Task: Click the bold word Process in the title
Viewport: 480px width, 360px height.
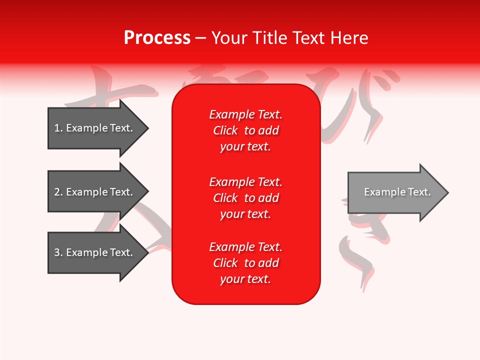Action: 157,38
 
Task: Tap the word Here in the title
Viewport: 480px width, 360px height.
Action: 348,38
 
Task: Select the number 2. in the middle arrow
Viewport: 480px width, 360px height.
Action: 58,192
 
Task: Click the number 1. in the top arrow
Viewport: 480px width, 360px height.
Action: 58,128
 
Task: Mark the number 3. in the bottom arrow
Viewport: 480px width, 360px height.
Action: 58,252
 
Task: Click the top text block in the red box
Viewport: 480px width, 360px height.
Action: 246,130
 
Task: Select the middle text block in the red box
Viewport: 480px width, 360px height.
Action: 246,197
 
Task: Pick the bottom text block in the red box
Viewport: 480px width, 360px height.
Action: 246,263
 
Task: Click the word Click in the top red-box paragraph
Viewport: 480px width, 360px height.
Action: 225,130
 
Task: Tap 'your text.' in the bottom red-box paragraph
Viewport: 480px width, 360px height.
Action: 245,279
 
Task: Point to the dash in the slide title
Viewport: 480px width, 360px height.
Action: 201,38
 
